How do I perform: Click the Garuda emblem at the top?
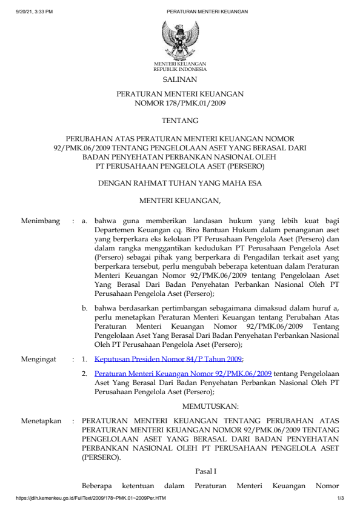pyautogui.click(x=179, y=39)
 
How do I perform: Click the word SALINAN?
pyautogui.click(x=180, y=79)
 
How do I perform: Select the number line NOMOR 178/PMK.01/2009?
pyautogui.click(x=180, y=104)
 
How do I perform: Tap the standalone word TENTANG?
pyautogui.click(x=180, y=121)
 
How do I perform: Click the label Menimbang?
pyautogui.click(x=41, y=221)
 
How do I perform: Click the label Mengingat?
pyautogui.click(x=39, y=359)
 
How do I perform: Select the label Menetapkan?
pyautogui.click(x=41, y=421)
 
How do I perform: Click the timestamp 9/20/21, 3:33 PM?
pyautogui.click(x=35, y=12)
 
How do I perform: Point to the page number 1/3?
pyautogui.click(x=341, y=498)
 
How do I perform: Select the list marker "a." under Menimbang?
pyautogui.click(x=85, y=221)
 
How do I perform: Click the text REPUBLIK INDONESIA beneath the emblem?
pyautogui.click(x=180, y=70)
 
